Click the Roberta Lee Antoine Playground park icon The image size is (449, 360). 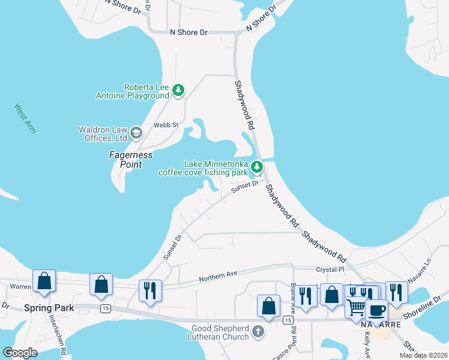pyautogui.click(x=178, y=91)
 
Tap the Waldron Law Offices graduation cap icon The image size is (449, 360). pyautogui.click(x=136, y=133)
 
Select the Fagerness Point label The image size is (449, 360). pyautogui.click(x=130, y=160)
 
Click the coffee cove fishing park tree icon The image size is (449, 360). pyautogui.click(x=257, y=167)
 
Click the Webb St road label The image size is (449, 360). pyautogui.click(x=166, y=125)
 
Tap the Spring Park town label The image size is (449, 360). pyautogui.click(x=49, y=308)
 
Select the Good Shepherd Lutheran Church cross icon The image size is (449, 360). pyautogui.click(x=258, y=332)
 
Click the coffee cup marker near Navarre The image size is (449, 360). pyautogui.click(x=376, y=311)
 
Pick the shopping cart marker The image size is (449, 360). pyautogui.click(x=357, y=307)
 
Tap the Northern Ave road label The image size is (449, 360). pyautogui.click(x=218, y=275)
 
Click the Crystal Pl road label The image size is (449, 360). pyautogui.click(x=328, y=270)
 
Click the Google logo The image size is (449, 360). pyautogui.click(x=20, y=353)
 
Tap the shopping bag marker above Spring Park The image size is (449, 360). pyautogui.click(x=44, y=281)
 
